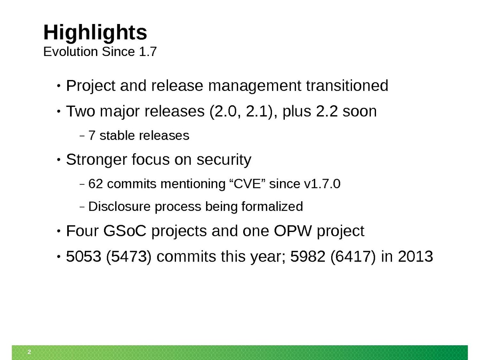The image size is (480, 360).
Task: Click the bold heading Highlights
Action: [x=95, y=33]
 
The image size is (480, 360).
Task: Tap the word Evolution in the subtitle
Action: [x=70, y=52]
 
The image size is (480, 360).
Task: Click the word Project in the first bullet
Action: [x=90, y=86]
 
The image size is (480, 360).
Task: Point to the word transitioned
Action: [x=347, y=86]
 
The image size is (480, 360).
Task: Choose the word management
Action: [x=254, y=86]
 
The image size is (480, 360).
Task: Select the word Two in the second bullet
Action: [x=80, y=111]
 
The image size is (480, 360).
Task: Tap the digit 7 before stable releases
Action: [x=92, y=136]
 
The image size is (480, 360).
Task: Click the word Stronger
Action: [x=96, y=160]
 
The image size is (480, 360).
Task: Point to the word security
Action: [x=224, y=160]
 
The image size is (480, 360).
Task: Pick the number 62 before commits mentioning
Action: [x=96, y=184]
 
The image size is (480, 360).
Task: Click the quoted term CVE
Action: [x=247, y=183]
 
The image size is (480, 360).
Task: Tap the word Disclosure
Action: [x=119, y=206]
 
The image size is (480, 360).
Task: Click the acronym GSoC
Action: [x=125, y=231]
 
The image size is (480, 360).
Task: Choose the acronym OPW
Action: [x=292, y=231]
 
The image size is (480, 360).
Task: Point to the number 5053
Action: [x=84, y=256]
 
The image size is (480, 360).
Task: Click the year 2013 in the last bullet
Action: [x=416, y=256]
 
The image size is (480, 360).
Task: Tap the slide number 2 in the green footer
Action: [x=29, y=352]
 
